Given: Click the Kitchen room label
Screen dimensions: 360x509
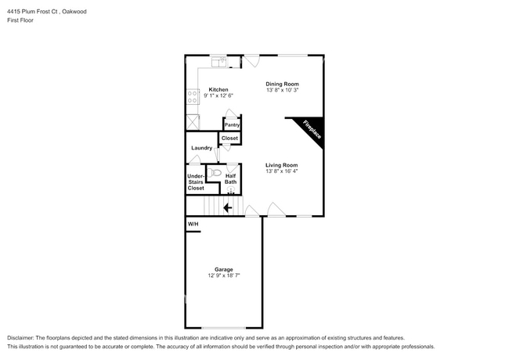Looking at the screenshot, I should pyautogui.click(x=218, y=90).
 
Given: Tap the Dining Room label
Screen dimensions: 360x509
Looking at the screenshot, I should pyautogui.click(x=282, y=84).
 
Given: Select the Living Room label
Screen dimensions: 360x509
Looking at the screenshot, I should pyautogui.click(x=281, y=165).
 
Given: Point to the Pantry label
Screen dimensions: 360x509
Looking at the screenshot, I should pyautogui.click(x=232, y=125).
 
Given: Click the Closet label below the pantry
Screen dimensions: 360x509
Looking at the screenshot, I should pyautogui.click(x=229, y=139).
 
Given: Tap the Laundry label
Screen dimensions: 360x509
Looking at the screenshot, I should pyautogui.click(x=201, y=147).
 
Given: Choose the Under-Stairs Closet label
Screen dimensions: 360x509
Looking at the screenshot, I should pyautogui.click(x=195, y=182).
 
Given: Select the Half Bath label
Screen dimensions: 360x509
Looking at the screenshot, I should pyautogui.click(x=231, y=179).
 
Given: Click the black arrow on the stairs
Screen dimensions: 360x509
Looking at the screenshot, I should pyautogui.click(x=228, y=207).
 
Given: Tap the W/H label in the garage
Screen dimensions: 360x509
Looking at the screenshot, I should pyautogui.click(x=192, y=225).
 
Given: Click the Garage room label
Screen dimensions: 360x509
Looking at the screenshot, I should pyautogui.click(x=224, y=269).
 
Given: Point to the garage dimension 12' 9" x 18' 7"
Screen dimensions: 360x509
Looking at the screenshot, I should pyautogui.click(x=224, y=275).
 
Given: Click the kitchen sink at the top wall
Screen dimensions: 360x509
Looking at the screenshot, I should pyautogui.click(x=218, y=59).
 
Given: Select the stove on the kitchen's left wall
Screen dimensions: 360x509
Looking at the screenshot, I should pyautogui.click(x=193, y=97).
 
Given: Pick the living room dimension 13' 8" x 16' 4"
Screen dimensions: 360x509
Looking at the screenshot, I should pyautogui.click(x=281, y=171).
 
